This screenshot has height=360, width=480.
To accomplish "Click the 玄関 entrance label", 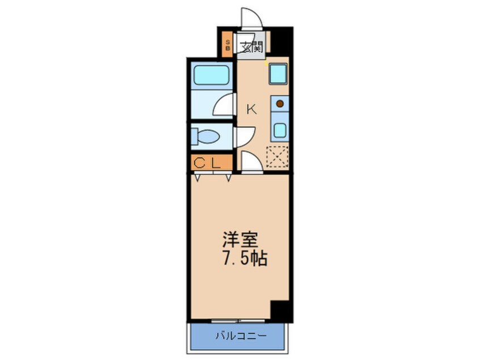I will (x=251, y=47).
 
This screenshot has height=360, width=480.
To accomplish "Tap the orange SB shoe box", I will (x=228, y=45).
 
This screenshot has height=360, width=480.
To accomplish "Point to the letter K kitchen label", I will (x=251, y=110).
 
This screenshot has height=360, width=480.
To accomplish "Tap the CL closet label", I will (x=207, y=163).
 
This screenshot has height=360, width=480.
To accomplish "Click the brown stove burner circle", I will (x=280, y=104).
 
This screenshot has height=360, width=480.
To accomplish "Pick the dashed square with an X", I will (x=277, y=157).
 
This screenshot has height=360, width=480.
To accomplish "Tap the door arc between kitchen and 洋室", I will (x=251, y=162).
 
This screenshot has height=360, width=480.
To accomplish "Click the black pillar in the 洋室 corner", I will (x=280, y=310).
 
